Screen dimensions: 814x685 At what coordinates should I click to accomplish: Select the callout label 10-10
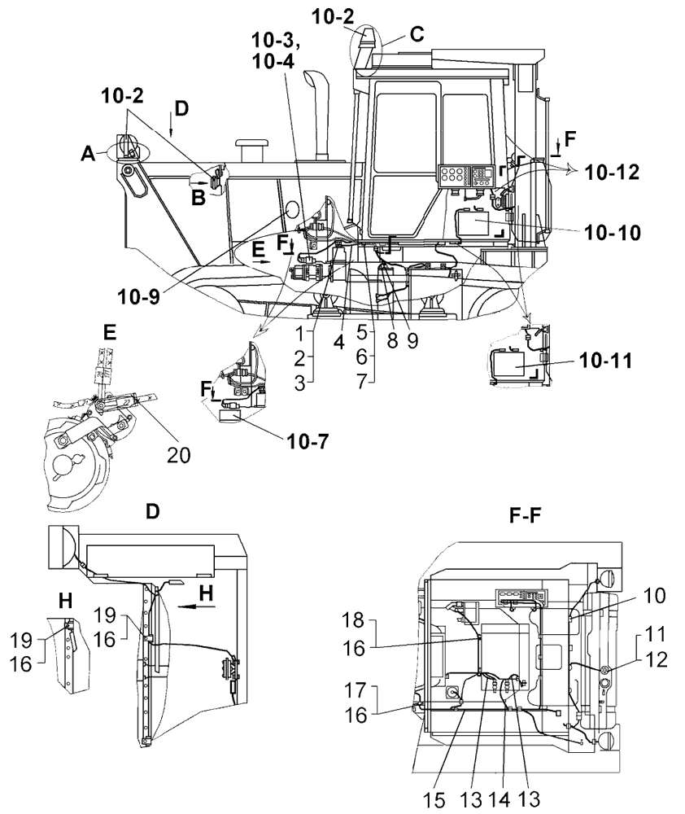(613, 230)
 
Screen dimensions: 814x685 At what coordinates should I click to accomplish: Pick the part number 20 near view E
(178, 454)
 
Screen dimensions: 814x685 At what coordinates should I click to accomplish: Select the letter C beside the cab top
(417, 35)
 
